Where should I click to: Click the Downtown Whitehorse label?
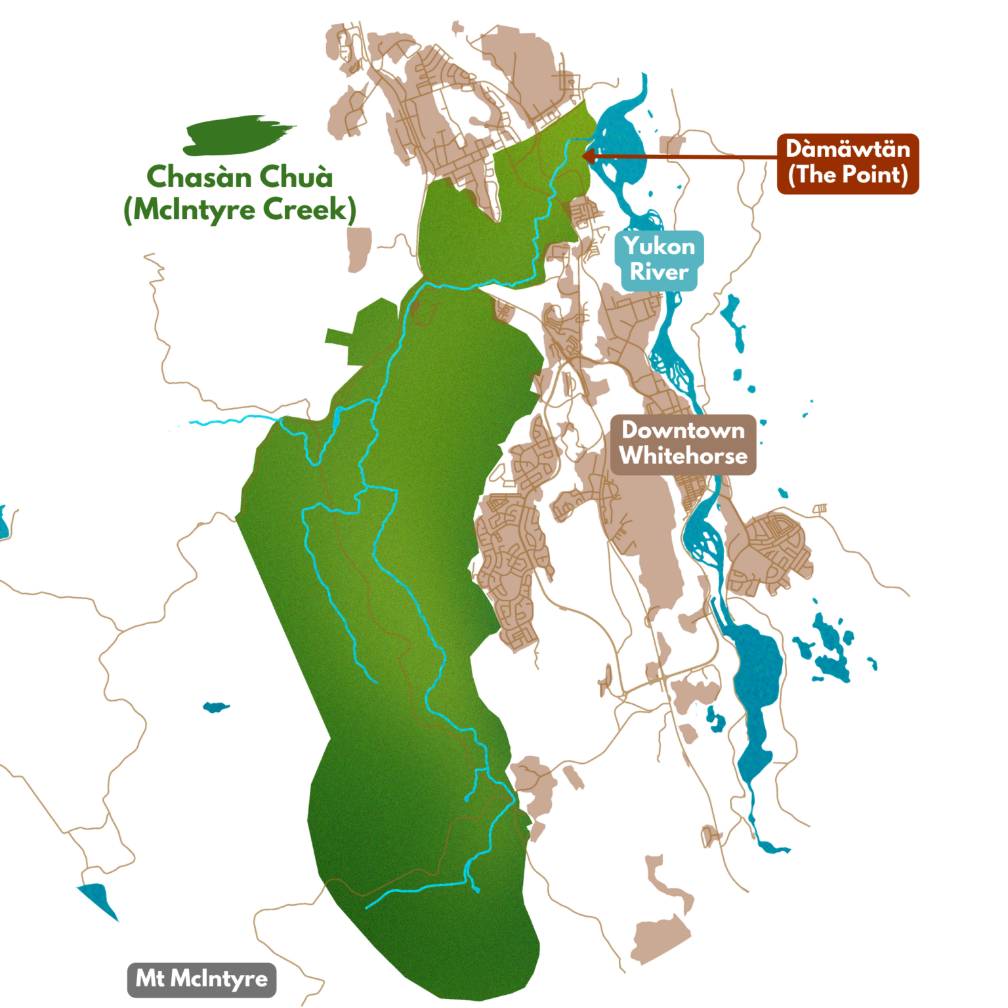click(683, 444)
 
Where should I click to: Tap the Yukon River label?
click(660, 259)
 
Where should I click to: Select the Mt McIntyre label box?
click(201, 979)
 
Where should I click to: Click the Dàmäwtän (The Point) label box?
click(848, 163)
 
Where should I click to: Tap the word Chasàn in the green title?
click(198, 177)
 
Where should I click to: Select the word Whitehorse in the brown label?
click(683, 456)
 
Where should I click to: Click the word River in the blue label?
click(660, 272)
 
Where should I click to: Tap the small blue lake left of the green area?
click(215, 707)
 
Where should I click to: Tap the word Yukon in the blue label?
click(660, 247)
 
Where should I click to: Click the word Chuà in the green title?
click(296, 177)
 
